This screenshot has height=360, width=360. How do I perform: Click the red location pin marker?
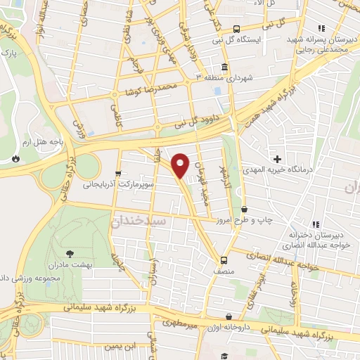(x=181, y=165)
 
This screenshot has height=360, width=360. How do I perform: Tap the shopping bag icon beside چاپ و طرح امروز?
(x=245, y=209)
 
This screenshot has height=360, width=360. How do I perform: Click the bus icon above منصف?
(x=224, y=258)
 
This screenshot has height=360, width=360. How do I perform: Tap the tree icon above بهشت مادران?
(x=69, y=253)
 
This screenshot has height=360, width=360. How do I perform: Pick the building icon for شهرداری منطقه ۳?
(x=224, y=67)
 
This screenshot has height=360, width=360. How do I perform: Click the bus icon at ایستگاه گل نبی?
(x=236, y=29)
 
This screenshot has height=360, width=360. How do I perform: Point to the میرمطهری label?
(x=181, y=325)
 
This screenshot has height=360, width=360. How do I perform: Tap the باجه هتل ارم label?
(x=42, y=141)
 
